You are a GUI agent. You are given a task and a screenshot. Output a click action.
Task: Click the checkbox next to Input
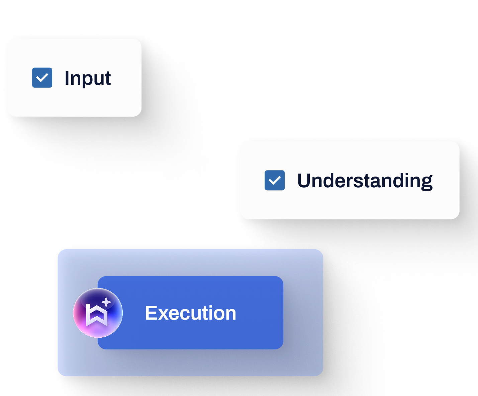[42, 78]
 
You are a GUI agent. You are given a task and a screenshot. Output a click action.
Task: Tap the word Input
[88, 78]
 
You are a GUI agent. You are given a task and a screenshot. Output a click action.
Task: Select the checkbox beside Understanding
[275, 180]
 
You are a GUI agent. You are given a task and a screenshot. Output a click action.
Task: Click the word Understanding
[365, 181]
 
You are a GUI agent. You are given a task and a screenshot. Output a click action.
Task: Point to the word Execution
[191, 313]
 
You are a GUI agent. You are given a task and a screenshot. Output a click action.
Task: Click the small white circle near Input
[193, 72]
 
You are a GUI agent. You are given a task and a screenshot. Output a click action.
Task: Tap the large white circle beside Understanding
[191, 180]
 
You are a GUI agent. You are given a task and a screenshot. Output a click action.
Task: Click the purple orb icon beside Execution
[98, 313]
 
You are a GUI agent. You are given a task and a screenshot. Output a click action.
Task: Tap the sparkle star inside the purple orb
[106, 303]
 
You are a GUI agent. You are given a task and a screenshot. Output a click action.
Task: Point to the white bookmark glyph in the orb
[97, 315]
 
